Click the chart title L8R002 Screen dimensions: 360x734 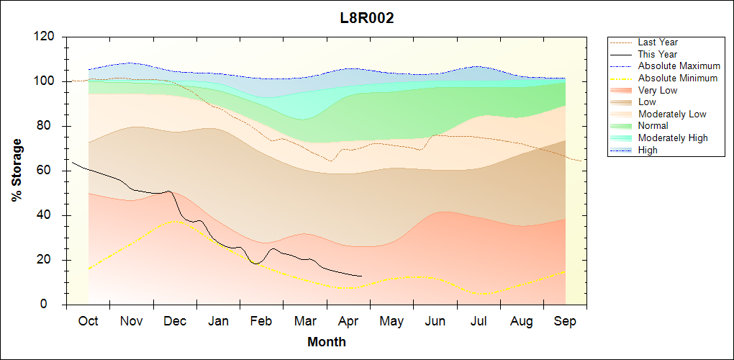[367, 18]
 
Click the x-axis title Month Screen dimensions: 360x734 [326, 342]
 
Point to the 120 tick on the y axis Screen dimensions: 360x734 [45, 37]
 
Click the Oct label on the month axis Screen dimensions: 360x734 [88, 321]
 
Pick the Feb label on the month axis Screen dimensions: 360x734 [261, 321]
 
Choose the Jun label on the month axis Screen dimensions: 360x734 [435, 321]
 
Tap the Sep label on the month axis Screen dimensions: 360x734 [565, 321]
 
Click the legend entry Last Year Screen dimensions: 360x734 [658, 42]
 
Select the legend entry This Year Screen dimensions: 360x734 [658, 54]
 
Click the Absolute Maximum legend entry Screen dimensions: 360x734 [679, 66]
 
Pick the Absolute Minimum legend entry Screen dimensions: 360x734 [677, 78]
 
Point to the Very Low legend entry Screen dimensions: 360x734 [658, 90]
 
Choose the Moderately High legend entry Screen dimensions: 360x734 [673, 138]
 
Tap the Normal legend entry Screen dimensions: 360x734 [653, 126]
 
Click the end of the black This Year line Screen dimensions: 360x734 [362, 276]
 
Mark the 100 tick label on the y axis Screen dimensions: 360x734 [45, 81]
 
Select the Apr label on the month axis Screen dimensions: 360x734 [348, 321]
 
